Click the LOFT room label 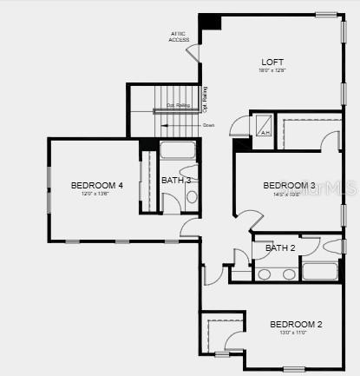(x=272, y=62)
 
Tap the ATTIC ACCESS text (x=179, y=36)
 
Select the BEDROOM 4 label (x=96, y=185)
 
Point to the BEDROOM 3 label (x=289, y=186)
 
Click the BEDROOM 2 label (x=296, y=324)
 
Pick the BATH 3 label (x=176, y=180)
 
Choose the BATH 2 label (x=280, y=248)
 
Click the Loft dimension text (x=272, y=71)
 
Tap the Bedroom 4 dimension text (x=96, y=195)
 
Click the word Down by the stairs (x=208, y=126)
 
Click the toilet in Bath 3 (x=192, y=197)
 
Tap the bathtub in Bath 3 (x=179, y=149)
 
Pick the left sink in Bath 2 (x=264, y=274)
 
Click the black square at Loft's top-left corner (x=209, y=23)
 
